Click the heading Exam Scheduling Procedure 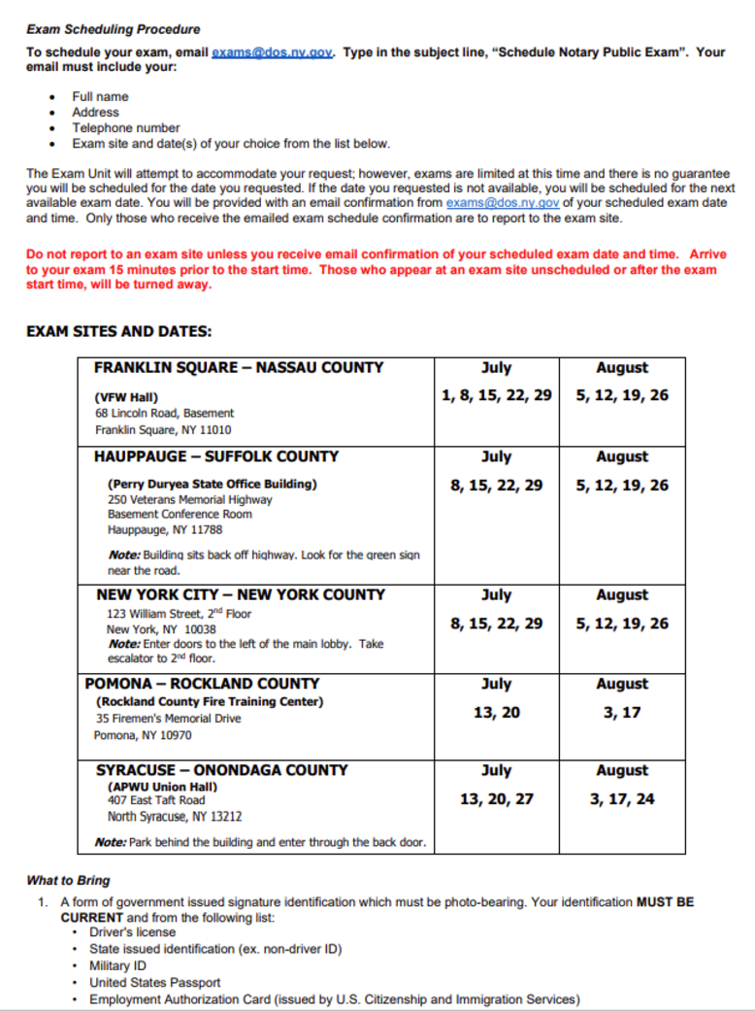click(x=114, y=29)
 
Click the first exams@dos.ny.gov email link click(x=273, y=51)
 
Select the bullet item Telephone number click(x=126, y=127)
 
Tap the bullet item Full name click(x=100, y=96)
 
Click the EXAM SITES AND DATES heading click(x=118, y=331)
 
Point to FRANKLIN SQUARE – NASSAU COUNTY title click(x=239, y=368)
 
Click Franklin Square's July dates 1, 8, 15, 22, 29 click(x=496, y=395)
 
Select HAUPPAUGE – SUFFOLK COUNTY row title click(x=216, y=456)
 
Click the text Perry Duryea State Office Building click(x=213, y=483)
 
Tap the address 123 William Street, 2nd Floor click(x=180, y=613)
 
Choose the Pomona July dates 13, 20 click(x=496, y=712)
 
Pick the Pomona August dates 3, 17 click(x=622, y=712)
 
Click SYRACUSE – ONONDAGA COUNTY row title click(x=222, y=770)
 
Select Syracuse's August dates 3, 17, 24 click(x=622, y=799)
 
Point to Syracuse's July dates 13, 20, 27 click(x=496, y=799)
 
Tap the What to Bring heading click(x=68, y=881)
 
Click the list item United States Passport click(x=155, y=982)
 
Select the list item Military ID click(x=117, y=965)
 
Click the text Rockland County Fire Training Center click(x=210, y=701)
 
